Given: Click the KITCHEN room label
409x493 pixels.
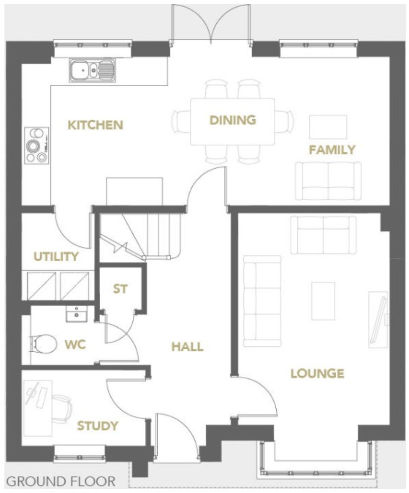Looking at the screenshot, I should click(96, 125).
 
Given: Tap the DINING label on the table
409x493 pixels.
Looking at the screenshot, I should click(233, 120).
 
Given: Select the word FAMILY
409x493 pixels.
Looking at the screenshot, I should click(332, 150).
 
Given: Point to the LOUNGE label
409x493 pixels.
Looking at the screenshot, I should click(317, 373).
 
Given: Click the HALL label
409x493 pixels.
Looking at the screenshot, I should click(187, 347).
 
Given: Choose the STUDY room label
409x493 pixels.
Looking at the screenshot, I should click(98, 426).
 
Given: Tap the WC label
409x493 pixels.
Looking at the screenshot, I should click(75, 345).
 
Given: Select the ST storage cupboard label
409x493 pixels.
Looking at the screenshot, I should click(120, 289).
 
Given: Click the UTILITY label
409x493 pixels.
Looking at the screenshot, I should click(56, 257).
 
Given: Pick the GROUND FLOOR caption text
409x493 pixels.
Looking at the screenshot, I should click(60, 481).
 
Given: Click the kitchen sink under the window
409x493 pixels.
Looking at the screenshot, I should click(92, 70).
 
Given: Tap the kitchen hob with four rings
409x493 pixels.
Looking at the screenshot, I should click(36, 145).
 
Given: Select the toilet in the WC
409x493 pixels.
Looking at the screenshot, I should click(44, 344).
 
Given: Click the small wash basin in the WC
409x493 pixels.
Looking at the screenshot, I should click(77, 314).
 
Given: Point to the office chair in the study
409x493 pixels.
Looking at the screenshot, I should click(62, 408).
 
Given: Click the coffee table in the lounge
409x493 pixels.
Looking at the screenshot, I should click(323, 301).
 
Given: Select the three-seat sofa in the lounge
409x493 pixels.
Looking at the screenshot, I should click(262, 301).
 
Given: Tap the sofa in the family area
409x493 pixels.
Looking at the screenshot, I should click(328, 181).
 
